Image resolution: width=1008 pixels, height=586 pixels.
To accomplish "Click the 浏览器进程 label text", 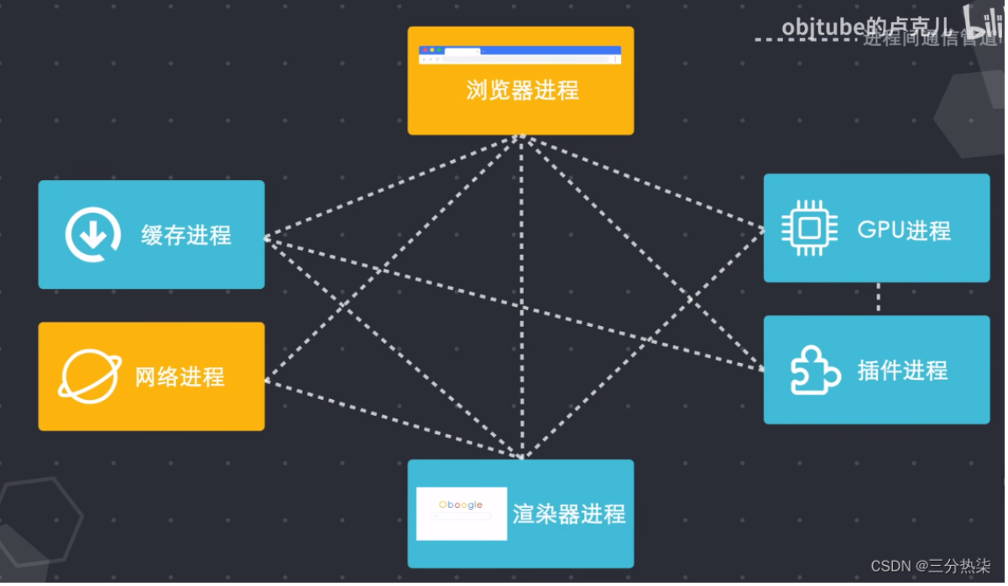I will (x=522, y=91).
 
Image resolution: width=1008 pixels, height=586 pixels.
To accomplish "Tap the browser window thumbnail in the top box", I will (x=520, y=55).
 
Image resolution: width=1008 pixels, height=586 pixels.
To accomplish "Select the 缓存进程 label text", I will (x=186, y=236).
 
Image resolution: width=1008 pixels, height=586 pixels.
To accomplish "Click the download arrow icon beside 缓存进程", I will (x=93, y=235).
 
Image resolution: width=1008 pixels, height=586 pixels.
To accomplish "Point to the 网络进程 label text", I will (x=180, y=376).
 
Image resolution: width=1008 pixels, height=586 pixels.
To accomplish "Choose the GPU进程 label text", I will (x=904, y=230).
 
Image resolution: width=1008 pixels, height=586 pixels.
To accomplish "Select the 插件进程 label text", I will (x=902, y=371).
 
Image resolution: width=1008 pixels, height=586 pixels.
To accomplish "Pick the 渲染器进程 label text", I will (x=569, y=513).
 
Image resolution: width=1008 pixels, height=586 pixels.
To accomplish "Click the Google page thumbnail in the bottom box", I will (x=462, y=513).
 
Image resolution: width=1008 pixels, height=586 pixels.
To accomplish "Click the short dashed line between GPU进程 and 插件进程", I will (x=879, y=298).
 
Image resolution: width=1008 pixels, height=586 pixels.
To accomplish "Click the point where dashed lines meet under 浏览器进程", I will (x=522, y=137).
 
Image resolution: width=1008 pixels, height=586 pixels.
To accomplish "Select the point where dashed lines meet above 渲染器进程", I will (x=522, y=457).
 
